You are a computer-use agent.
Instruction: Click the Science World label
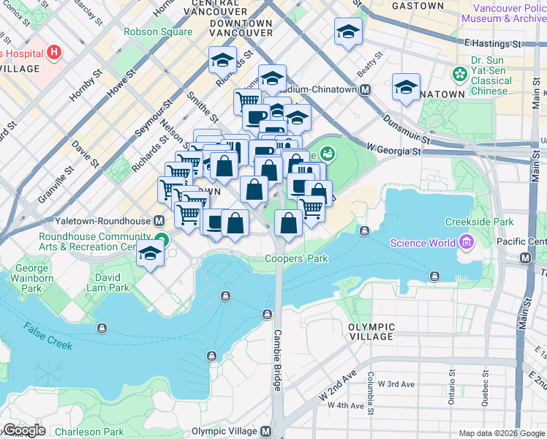coord(423,244)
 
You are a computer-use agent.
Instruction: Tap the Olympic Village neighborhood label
coord(371,331)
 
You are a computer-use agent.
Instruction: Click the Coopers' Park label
coord(296,258)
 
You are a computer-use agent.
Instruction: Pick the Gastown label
coord(418,6)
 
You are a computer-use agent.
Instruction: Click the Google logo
coord(23,430)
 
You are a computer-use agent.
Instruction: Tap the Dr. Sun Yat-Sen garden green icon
coord(460,73)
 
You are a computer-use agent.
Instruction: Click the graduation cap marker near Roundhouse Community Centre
coord(150,254)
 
